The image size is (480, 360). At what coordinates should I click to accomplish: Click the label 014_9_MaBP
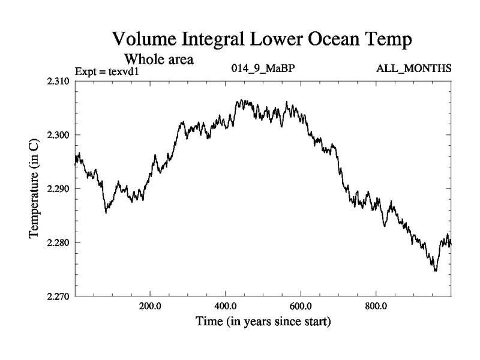click(263, 68)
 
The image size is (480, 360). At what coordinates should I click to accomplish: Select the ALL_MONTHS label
click(413, 68)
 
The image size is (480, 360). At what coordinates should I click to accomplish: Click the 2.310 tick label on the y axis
click(58, 81)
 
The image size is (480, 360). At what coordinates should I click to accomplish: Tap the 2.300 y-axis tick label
click(58, 135)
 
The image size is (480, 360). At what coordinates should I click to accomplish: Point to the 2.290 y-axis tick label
click(58, 189)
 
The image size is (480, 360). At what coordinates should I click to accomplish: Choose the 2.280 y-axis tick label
click(58, 243)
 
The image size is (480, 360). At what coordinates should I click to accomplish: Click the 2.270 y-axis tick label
click(58, 296)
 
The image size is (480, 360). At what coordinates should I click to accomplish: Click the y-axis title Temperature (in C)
click(34, 188)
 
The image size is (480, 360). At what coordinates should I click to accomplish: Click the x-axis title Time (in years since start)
click(263, 322)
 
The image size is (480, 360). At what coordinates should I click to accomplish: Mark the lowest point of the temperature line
click(435, 271)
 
